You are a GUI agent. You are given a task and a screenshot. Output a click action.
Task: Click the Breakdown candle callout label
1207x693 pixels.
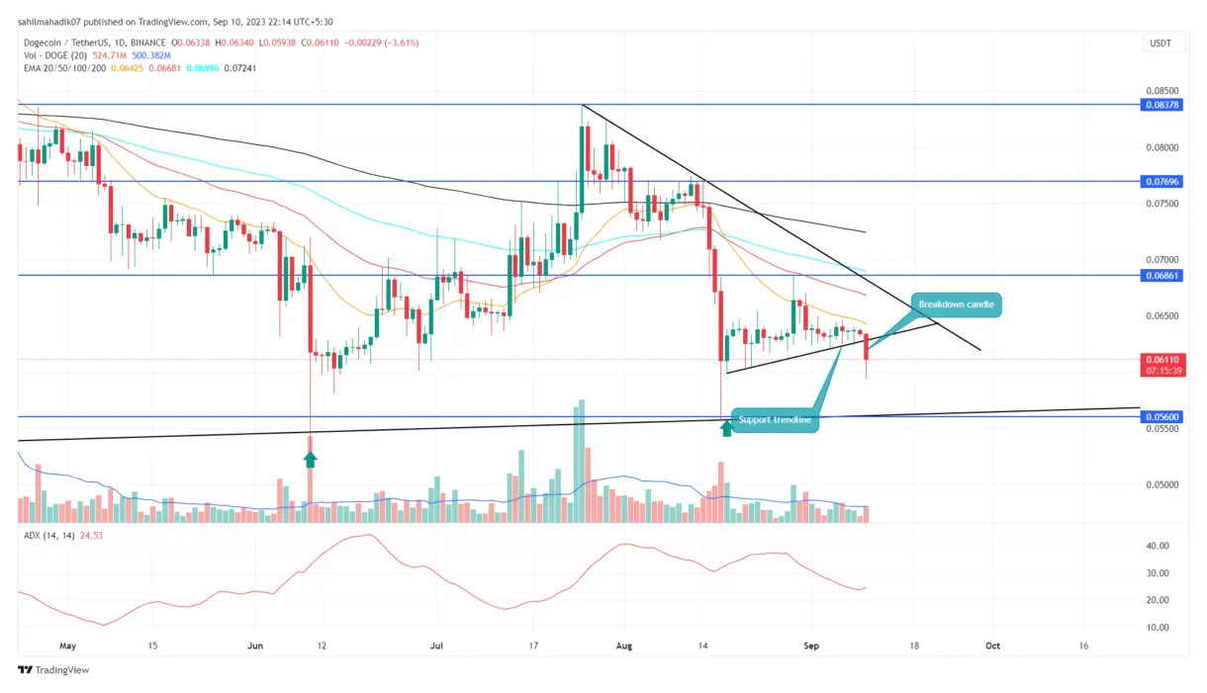(956, 304)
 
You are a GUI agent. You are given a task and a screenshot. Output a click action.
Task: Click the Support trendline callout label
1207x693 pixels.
(775, 420)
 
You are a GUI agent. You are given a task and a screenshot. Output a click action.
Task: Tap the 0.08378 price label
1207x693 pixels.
(1162, 105)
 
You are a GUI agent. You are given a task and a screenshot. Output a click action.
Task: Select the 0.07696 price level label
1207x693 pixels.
(1162, 182)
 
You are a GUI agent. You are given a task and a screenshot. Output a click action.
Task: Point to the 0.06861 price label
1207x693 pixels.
(1162, 276)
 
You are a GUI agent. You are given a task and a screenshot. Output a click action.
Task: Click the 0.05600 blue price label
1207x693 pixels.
(1162, 417)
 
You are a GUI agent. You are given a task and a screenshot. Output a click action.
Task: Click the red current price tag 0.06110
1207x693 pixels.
(1162, 360)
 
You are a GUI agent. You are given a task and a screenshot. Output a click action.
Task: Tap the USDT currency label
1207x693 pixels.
(1159, 43)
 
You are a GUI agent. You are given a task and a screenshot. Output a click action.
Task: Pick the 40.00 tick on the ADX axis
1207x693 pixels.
(1157, 546)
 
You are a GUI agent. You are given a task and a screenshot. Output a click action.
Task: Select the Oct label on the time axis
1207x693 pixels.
(991, 646)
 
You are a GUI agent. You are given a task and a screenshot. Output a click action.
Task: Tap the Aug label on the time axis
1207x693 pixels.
(625, 646)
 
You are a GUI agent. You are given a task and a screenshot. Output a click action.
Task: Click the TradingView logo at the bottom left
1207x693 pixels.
(54, 670)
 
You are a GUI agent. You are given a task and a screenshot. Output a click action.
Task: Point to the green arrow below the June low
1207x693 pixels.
(311, 458)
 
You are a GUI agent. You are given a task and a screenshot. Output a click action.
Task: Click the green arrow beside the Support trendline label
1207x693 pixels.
(727, 427)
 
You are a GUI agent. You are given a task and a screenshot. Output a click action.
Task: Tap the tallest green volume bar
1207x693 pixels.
(581, 461)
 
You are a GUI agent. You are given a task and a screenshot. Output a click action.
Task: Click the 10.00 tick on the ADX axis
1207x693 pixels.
(1157, 628)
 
